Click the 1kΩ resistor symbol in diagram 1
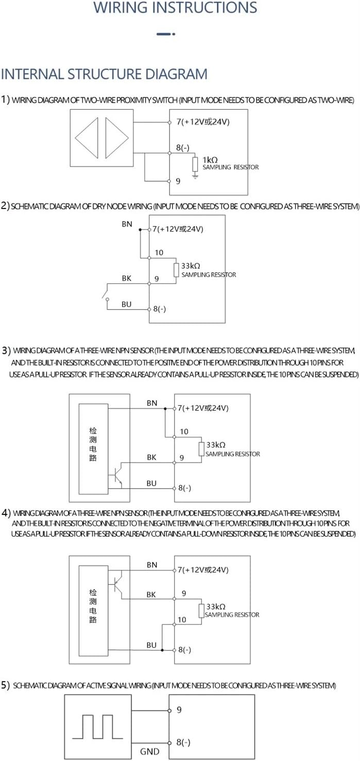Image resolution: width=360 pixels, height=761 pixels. click(x=195, y=164)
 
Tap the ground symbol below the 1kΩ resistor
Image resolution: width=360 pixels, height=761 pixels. click(x=195, y=176)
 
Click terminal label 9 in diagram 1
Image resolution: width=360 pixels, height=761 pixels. click(x=178, y=181)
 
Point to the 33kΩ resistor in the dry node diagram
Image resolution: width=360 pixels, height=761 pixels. click(x=176, y=269)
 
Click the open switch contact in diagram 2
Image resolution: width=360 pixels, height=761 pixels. click(x=106, y=294)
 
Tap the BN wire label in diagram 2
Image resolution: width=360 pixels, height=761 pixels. click(x=127, y=224)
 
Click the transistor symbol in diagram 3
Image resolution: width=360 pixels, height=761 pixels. click(x=118, y=474)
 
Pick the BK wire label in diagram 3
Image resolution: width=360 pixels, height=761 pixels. click(x=152, y=457)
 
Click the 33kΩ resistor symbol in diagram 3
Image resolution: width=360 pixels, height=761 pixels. click(x=201, y=448)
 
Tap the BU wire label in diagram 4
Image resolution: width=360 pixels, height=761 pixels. click(x=151, y=645)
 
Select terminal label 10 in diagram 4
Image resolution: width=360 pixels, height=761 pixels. click(x=182, y=620)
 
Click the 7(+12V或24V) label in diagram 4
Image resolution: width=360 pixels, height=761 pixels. click(x=203, y=570)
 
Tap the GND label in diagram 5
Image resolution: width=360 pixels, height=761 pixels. click(x=150, y=752)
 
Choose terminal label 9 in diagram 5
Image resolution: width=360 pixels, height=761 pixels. click(x=179, y=710)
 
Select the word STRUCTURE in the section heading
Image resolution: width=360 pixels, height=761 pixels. click(x=107, y=74)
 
